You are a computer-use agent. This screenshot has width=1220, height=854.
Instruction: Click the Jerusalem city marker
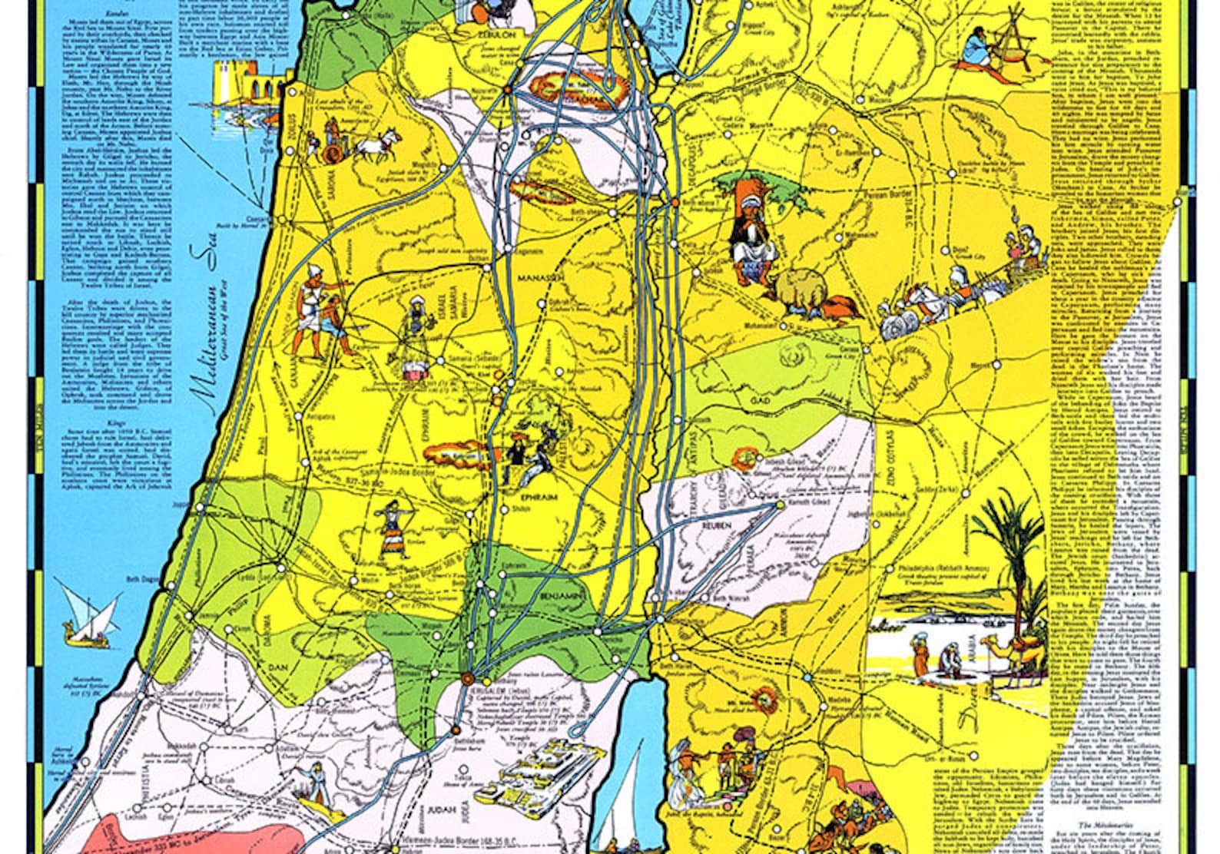[x=466, y=677]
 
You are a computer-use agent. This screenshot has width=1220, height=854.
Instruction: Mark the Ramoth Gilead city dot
[x=781, y=505]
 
